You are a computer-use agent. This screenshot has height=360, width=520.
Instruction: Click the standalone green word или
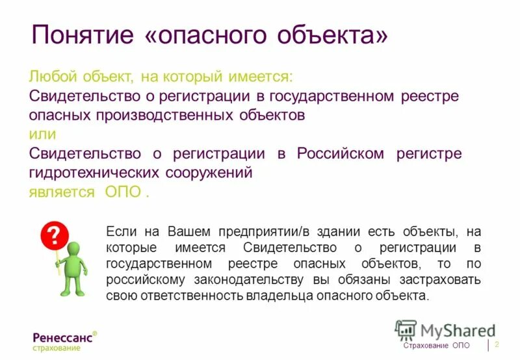coord(42,135)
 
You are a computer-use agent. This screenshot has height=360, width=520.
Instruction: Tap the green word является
coord(61,193)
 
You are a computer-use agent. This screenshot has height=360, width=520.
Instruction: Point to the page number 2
coord(497,344)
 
